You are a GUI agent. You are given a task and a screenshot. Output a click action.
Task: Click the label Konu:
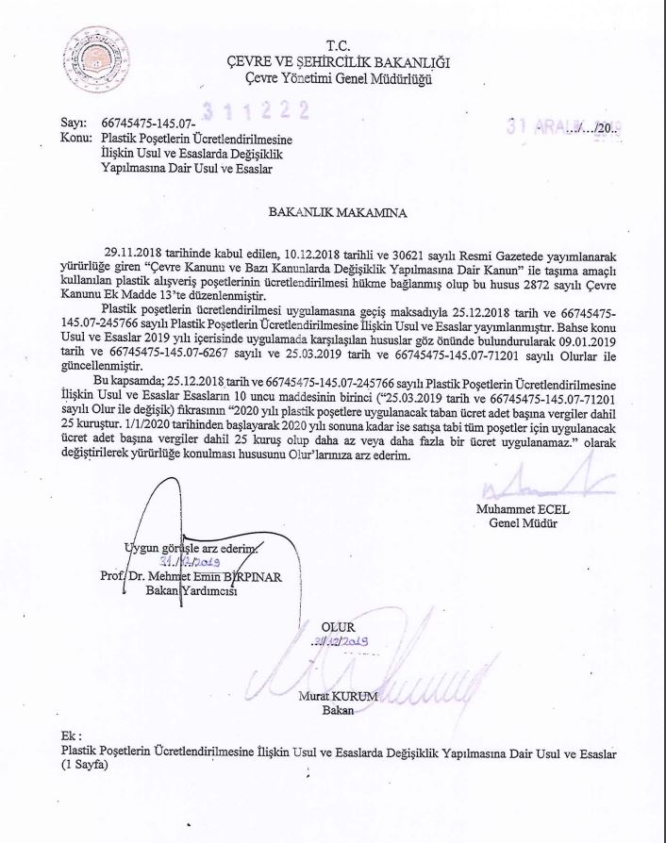coord(75,137)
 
